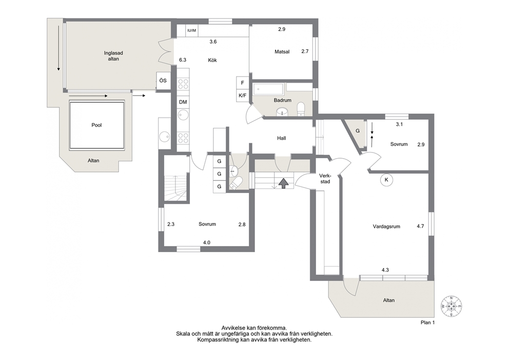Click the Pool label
(96, 125)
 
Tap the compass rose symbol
(451, 306)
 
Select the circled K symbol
(386, 180)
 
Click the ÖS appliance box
(163, 81)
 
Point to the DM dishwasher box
(183, 102)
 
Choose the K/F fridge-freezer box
(243, 96)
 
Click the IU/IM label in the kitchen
(192, 31)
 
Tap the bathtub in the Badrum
(268, 88)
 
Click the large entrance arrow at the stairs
(284, 183)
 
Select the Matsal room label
(282, 52)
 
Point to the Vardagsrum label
(386, 226)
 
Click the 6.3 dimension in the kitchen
(183, 60)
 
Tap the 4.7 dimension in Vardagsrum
(420, 226)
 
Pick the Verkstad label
(325, 179)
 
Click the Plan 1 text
(427, 323)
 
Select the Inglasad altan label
(113, 56)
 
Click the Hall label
(282, 138)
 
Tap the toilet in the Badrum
(301, 109)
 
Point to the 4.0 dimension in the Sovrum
(206, 242)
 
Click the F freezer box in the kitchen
(243, 83)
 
